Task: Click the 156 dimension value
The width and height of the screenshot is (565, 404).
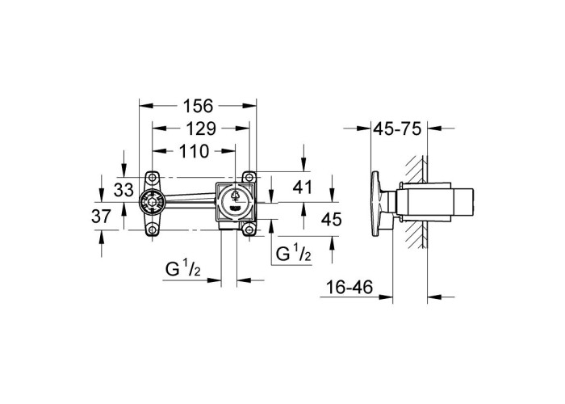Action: (x=198, y=106)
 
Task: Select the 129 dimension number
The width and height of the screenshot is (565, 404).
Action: (x=201, y=128)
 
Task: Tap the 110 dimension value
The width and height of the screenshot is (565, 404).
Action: (x=194, y=151)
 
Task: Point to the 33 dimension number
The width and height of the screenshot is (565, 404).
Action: (x=123, y=190)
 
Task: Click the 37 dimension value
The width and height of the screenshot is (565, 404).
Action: (x=101, y=217)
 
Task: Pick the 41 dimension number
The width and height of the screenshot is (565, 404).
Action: (x=302, y=187)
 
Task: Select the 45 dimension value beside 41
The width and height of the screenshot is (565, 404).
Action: (x=331, y=219)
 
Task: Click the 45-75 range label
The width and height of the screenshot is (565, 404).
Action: (x=397, y=128)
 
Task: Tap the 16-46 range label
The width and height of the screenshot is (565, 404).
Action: (x=349, y=287)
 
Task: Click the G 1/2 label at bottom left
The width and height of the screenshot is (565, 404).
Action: (x=183, y=268)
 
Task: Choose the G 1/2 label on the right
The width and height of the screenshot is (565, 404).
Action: (x=293, y=253)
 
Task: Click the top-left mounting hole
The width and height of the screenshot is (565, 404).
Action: (x=153, y=178)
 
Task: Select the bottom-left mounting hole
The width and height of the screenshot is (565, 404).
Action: (x=153, y=229)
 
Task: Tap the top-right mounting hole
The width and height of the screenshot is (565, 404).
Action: (x=249, y=178)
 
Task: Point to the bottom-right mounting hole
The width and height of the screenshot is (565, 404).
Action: (x=249, y=229)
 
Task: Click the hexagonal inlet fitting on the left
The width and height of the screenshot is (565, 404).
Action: (x=152, y=203)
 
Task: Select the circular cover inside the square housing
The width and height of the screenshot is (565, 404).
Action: (x=235, y=203)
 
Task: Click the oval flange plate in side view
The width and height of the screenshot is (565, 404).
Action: (x=375, y=204)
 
